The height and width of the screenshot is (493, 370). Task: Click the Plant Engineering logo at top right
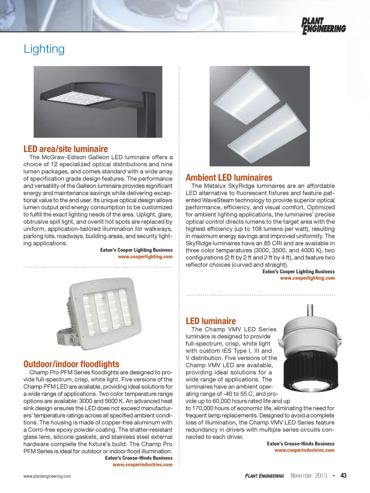point(323,26)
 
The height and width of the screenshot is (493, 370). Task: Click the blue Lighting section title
point(44,49)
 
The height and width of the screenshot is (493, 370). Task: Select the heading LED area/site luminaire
point(66,149)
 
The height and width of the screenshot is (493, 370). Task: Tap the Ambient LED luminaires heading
point(229,178)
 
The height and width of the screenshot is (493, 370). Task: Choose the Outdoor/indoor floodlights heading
point(71,364)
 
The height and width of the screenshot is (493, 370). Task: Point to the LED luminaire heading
point(210,321)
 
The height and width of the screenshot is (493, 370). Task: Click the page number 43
point(343,476)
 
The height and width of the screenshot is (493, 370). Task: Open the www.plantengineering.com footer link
point(47,476)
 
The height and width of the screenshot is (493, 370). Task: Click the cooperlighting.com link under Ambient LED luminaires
point(307,278)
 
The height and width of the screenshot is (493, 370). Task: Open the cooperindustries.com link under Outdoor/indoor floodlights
point(143,465)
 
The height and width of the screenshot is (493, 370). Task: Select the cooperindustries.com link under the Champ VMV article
point(304,450)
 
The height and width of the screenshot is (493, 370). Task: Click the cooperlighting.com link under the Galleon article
point(145,257)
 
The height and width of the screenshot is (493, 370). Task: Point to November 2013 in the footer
point(309,476)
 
